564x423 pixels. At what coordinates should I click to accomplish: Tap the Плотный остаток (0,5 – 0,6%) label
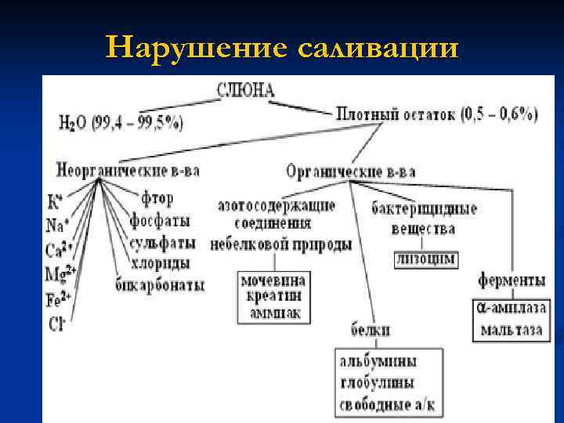(436, 114)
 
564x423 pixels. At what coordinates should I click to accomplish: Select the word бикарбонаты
(161, 284)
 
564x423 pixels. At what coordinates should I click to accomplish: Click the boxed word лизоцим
(425, 258)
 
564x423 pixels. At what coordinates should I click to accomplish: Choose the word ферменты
(511, 280)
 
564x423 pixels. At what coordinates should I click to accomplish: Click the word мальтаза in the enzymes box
(512, 329)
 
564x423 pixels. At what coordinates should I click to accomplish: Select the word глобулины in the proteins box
(377, 383)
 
